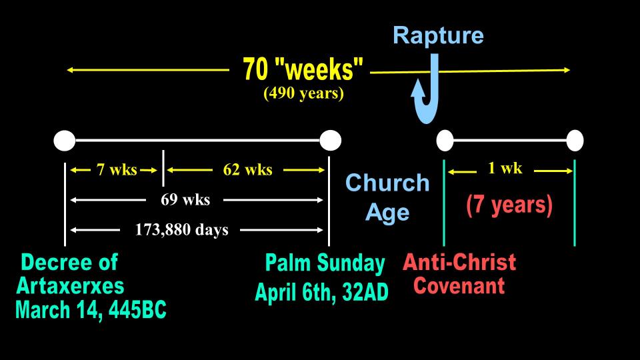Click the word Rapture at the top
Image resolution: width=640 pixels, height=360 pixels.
pos(438,36)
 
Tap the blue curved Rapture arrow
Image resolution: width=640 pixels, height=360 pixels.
pos(433,94)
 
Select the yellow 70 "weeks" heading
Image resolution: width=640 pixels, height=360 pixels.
pos(303,69)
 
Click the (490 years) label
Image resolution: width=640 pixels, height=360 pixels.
pos(303,93)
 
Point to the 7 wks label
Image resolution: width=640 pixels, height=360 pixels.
pos(117,169)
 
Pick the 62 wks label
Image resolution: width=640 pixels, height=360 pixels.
pos(248,169)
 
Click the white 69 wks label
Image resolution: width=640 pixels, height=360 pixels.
pos(185,199)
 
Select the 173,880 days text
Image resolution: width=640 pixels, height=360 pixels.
pos(181,230)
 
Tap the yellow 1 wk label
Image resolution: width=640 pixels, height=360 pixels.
pos(505,168)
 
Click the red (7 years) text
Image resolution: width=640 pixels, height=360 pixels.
pos(509,205)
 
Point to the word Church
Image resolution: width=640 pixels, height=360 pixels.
pos(387,183)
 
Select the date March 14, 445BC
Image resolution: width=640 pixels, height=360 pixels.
pos(91,310)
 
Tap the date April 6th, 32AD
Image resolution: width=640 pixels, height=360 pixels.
pos(321,292)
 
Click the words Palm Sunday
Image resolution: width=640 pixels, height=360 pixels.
pos(325,263)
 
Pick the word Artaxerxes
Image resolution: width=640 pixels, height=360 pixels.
pos(70,286)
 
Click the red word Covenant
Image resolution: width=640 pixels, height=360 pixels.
pos(459,286)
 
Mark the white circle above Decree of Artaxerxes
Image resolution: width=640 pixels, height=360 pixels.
pos(65,141)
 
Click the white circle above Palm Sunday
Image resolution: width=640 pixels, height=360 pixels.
pos(330,141)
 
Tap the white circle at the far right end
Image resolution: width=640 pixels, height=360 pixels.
pos(575,141)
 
